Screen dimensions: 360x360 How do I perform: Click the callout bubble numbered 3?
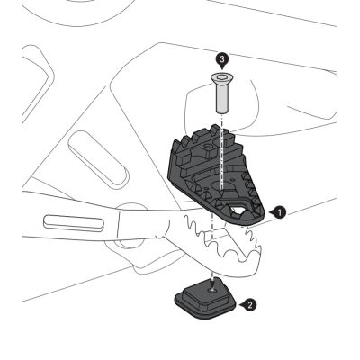pyautogui.click(x=222, y=59)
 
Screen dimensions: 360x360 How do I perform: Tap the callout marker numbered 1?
pyautogui.click(x=278, y=212)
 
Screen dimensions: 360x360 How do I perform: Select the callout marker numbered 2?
pyautogui.click(x=249, y=305)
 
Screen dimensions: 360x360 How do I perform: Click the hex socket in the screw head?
pyautogui.click(x=222, y=78)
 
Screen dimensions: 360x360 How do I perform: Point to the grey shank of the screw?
pyautogui.click(x=222, y=98)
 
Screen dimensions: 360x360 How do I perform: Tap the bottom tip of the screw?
pyautogui.click(x=222, y=112)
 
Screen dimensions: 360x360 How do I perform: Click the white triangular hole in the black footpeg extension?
pyautogui.click(x=237, y=210)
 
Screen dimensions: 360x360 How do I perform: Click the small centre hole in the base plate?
pyautogui.click(x=212, y=290)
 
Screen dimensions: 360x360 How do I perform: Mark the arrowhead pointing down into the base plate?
pyautogui.click(x=212, y=283)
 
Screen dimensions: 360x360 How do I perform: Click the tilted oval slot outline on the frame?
pyautogui.click(x=99, y=161)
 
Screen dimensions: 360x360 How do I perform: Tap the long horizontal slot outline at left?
pyautogui.click(x=74, y=222)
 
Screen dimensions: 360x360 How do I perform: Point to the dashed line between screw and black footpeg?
pyautogui.click(x=222, y=150)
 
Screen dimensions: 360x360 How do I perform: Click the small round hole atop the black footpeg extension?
pyautogui.click(x=207, y=146)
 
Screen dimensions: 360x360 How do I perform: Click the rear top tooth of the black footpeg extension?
pyautogui.click(x=215, y=129)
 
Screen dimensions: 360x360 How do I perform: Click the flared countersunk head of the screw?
pyautogui.click(x=222, y=78)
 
